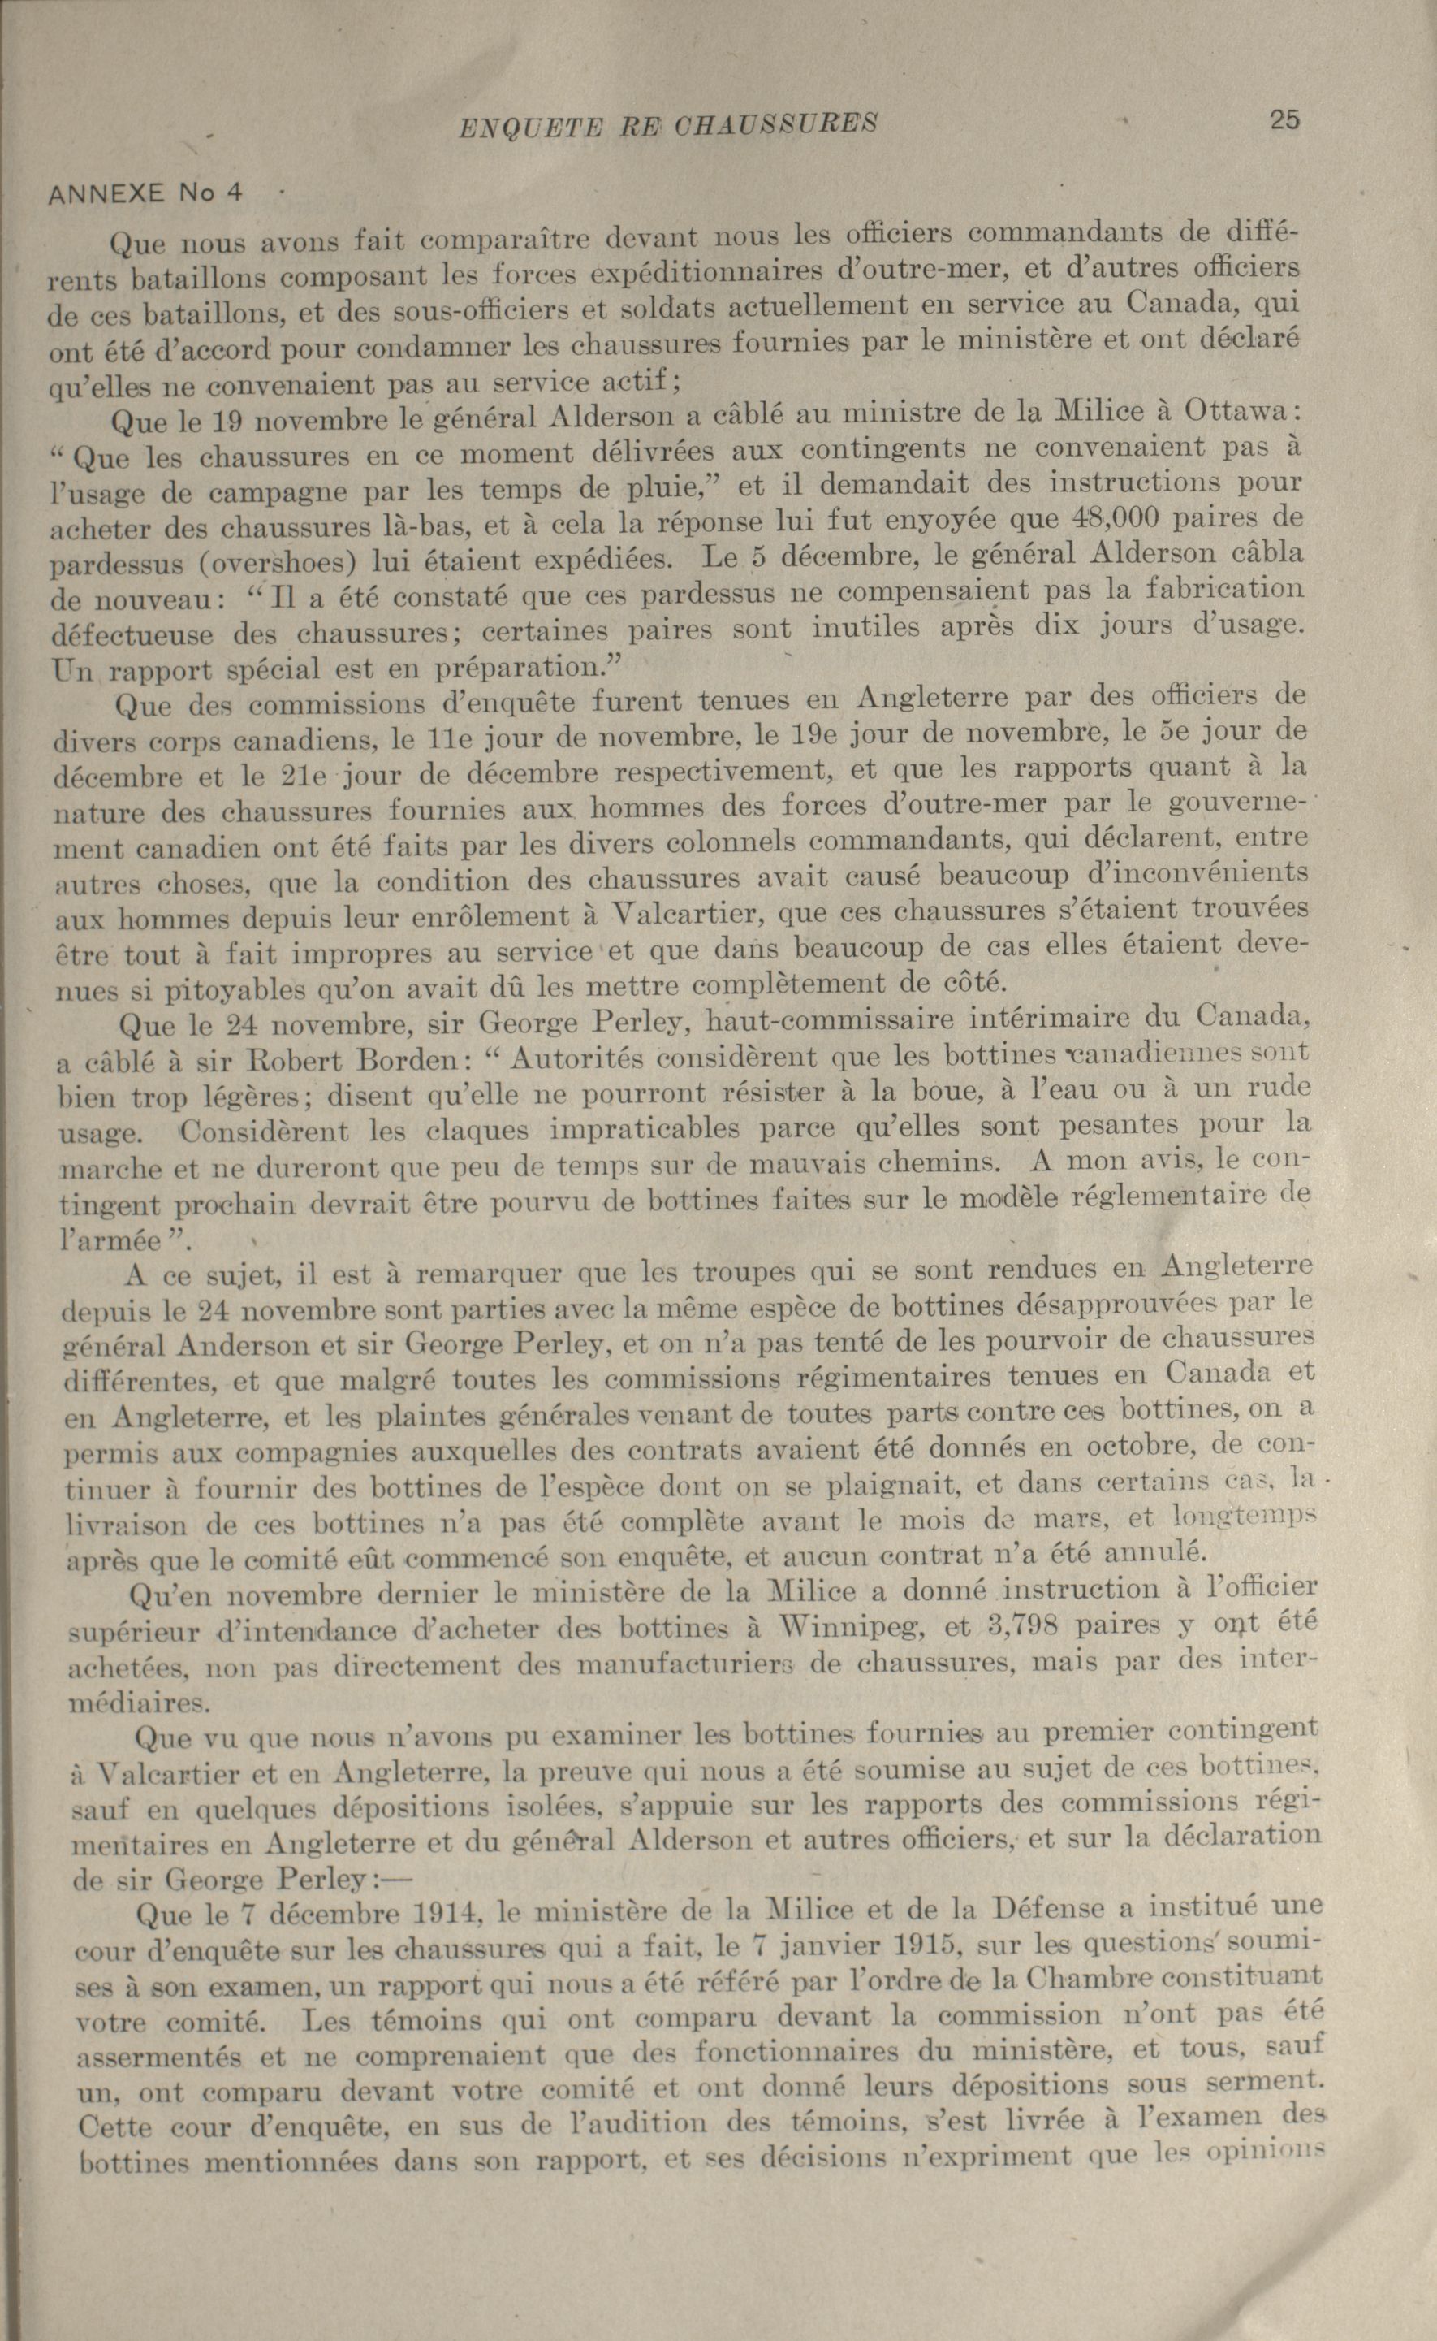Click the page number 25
coord(1283,121)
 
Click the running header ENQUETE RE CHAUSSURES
coord(667,124)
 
